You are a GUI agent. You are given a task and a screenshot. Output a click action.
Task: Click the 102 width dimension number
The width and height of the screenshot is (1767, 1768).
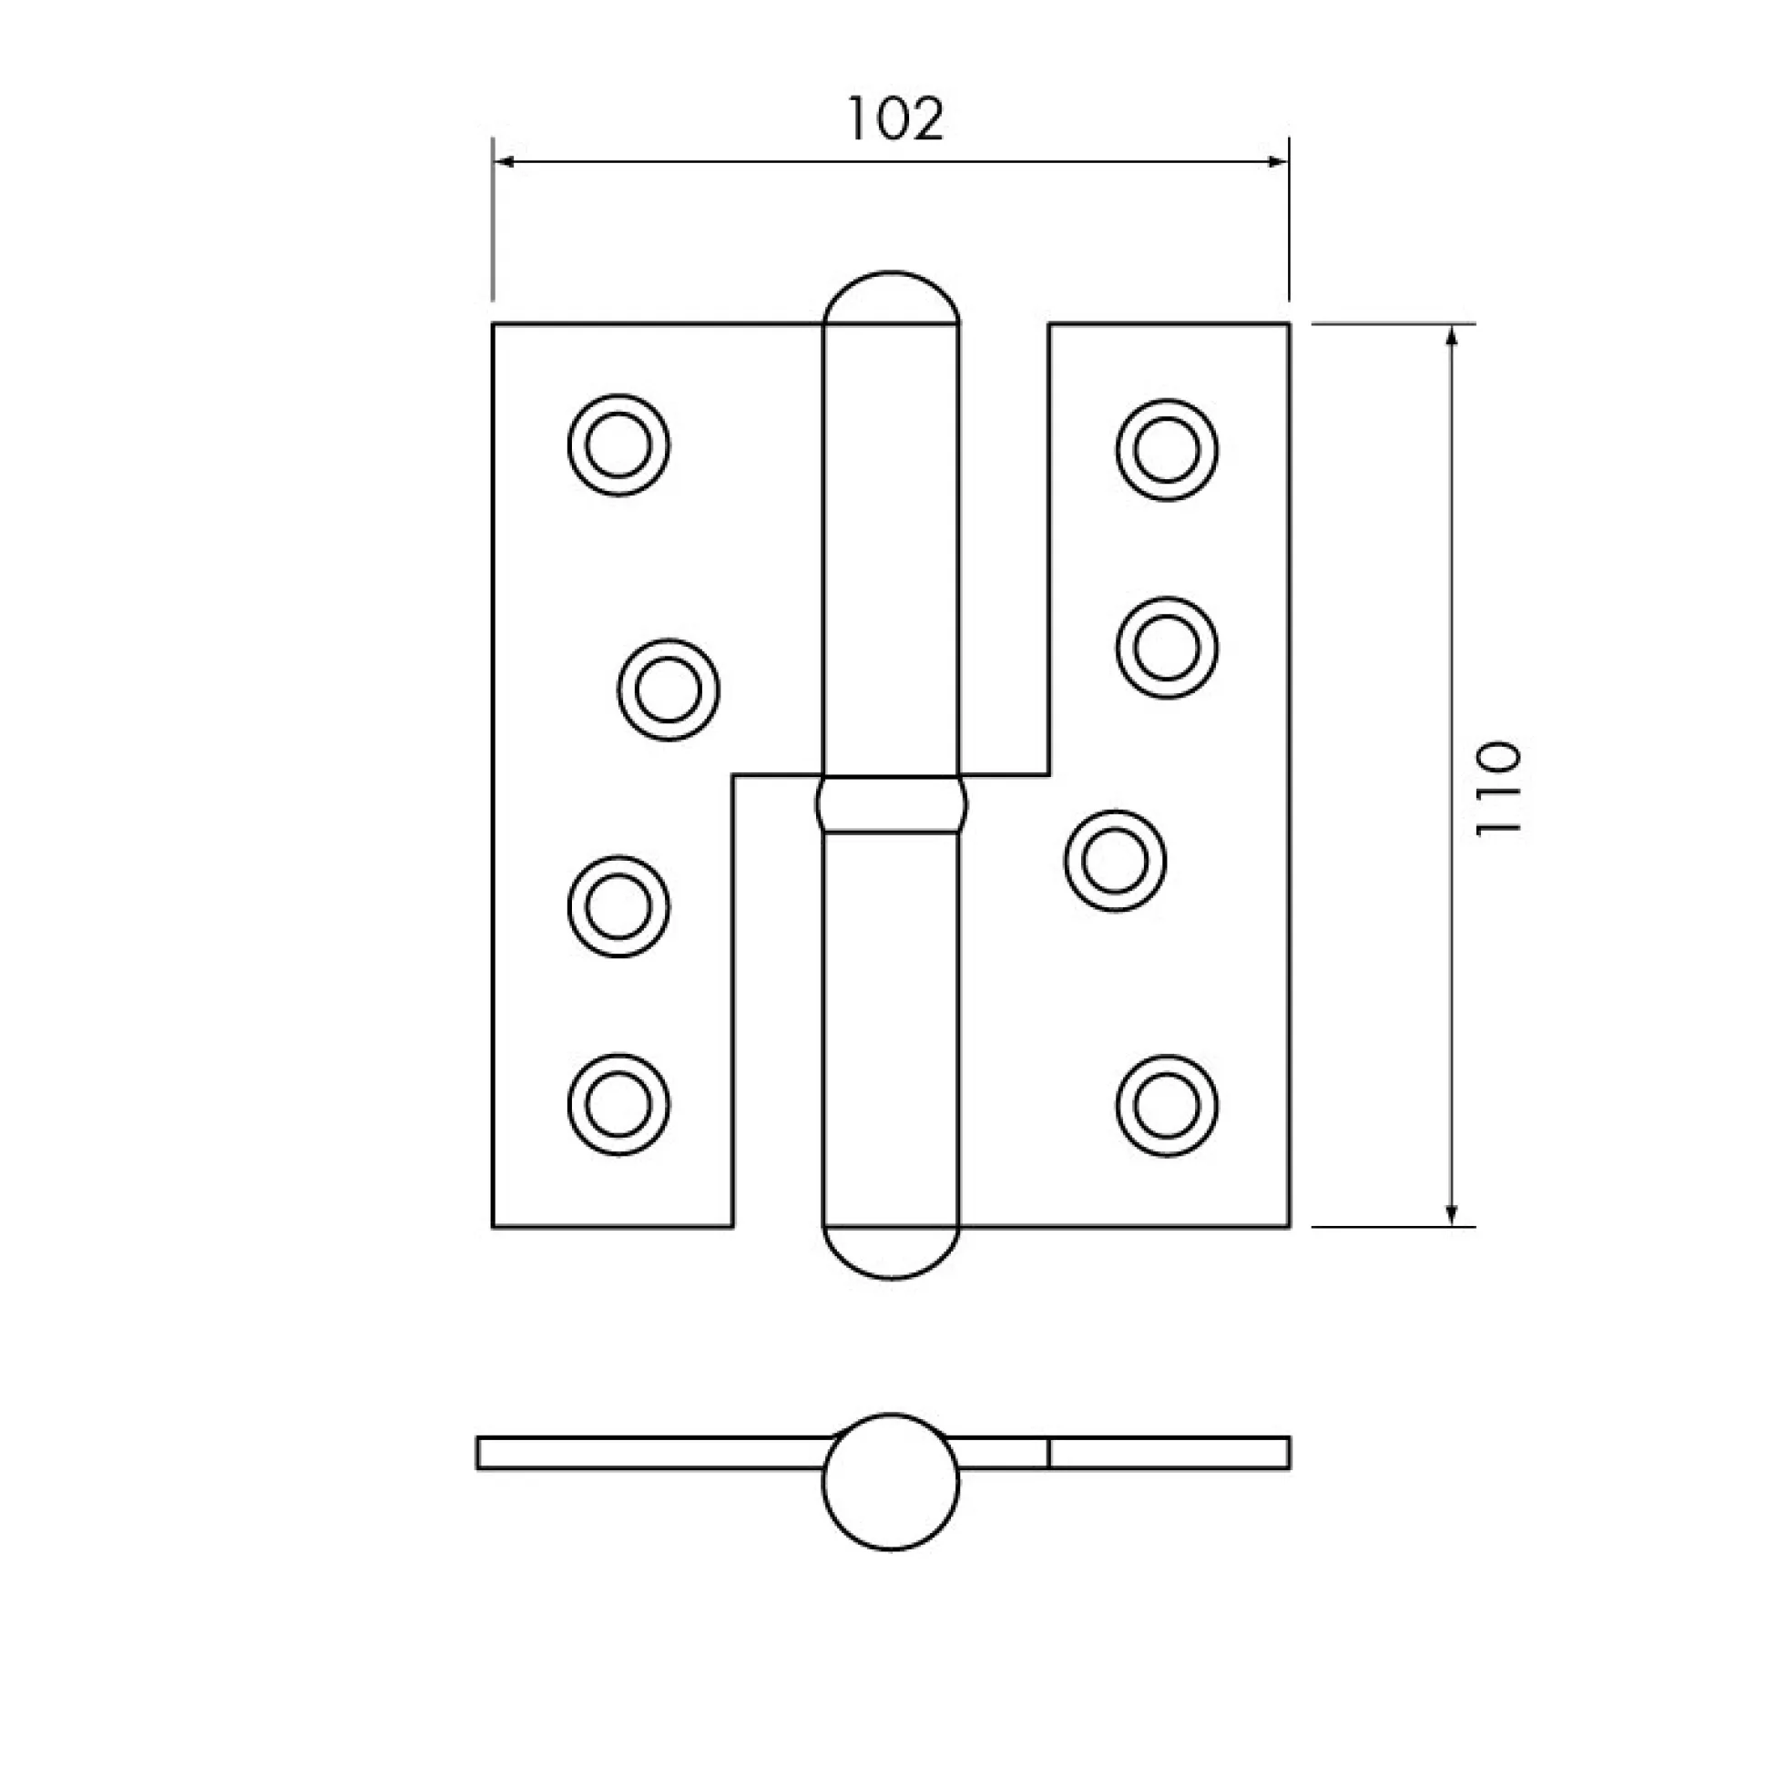895,119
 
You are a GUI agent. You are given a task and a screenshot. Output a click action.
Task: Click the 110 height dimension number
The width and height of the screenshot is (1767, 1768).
1497,788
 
